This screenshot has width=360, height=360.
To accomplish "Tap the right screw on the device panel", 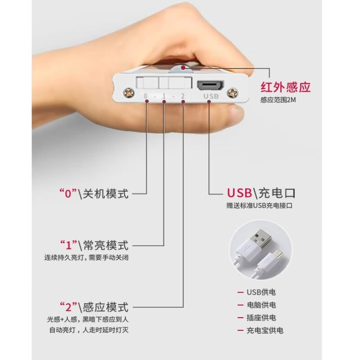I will click(234, 92).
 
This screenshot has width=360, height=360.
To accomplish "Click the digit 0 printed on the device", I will click(145, 96).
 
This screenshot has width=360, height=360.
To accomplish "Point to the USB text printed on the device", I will click(211, 96).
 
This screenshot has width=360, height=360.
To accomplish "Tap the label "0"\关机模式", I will click(94, 194).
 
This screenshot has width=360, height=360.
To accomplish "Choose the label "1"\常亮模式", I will click(94, 245).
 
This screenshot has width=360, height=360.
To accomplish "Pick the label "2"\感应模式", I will click(94, 307).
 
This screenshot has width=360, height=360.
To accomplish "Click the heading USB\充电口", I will click(261, 194).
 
